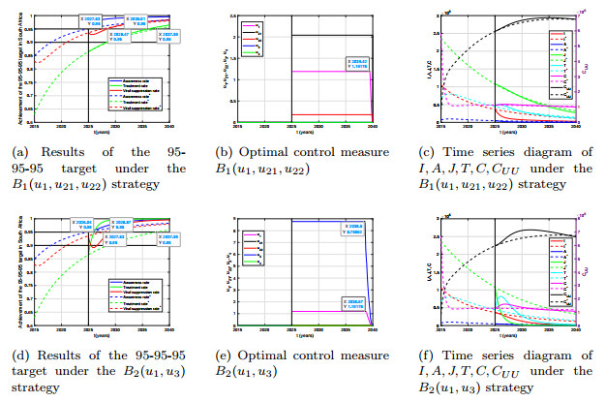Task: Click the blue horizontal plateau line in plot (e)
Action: pos(329,222)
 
